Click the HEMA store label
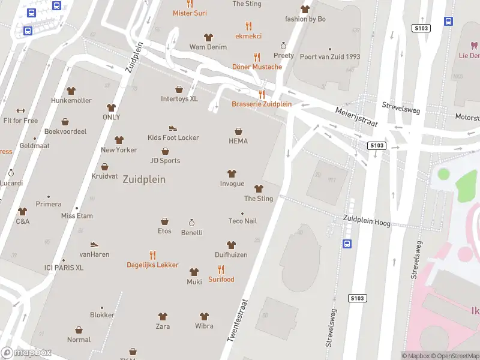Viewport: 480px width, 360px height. [238, 141]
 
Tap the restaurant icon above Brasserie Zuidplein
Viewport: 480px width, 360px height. [262, 94]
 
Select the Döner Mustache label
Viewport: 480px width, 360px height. [257, 67]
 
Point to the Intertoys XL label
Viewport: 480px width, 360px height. [179, 99]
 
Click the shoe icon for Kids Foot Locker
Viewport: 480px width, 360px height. [173, 128]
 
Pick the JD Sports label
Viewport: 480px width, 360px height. [165, 160]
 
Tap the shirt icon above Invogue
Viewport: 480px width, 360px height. [232, 174]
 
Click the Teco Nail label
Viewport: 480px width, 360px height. [242, 221]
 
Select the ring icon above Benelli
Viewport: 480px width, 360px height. [192, 223]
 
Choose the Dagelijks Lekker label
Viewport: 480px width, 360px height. [152, 265]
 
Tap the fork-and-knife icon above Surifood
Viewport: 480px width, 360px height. [221, 269]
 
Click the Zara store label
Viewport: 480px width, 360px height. [163, 326]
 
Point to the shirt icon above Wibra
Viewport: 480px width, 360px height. [204, 316]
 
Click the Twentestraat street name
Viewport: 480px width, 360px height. [238, 322]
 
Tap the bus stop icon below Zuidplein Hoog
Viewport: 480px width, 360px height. [347, 244]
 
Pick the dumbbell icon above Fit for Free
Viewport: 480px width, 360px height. [20, 110]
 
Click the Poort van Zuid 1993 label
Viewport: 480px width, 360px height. [329, 57]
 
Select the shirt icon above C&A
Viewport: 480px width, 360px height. [23, 211]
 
